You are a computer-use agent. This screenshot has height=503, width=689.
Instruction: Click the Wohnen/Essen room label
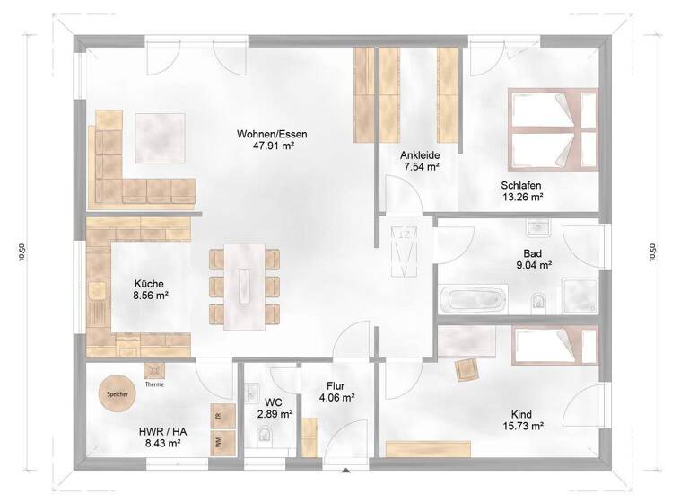266,134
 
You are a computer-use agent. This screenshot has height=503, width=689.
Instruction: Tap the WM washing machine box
217,441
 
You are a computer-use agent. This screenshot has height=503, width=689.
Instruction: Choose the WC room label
275,401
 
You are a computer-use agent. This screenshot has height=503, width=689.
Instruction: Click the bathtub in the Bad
473,298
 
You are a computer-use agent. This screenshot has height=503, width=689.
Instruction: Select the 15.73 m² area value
525,427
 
